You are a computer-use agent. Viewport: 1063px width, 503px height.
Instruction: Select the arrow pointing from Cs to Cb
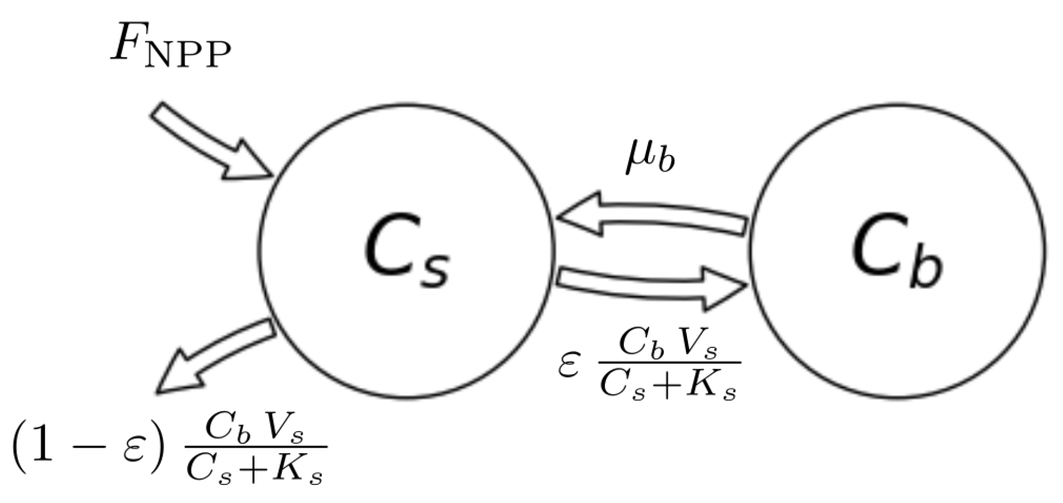(x=651, y=285)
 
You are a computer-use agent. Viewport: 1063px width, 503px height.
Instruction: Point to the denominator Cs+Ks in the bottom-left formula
(x=255, y=470)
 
